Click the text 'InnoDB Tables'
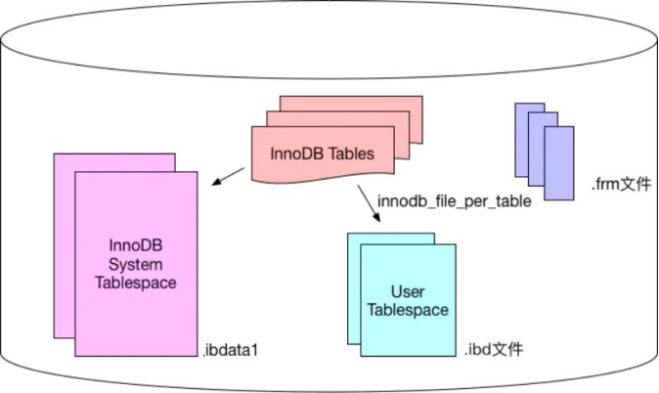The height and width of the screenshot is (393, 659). tap(322, 153)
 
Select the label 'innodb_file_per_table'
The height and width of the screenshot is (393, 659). tap(455, 201)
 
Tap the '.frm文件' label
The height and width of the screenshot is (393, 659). tap(621, 184)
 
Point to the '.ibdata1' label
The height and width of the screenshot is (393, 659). tap(231, 350)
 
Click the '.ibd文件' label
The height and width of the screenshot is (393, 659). tap(494, 349)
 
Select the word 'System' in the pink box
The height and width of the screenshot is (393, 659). tap(135, 264)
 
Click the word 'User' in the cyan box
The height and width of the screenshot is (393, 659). tap(408, 291)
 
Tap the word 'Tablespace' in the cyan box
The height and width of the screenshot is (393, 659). tap(408, 310)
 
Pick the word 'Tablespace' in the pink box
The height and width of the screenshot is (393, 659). tap(135, 283)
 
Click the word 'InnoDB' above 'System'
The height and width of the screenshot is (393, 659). tap(135, 245)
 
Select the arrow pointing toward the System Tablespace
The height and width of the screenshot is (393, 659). tap(228, 177)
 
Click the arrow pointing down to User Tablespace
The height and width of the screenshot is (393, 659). tap(369, 203)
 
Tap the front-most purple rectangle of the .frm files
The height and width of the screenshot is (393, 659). tap(559, 163)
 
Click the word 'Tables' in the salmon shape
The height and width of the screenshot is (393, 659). tap(351, 153)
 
